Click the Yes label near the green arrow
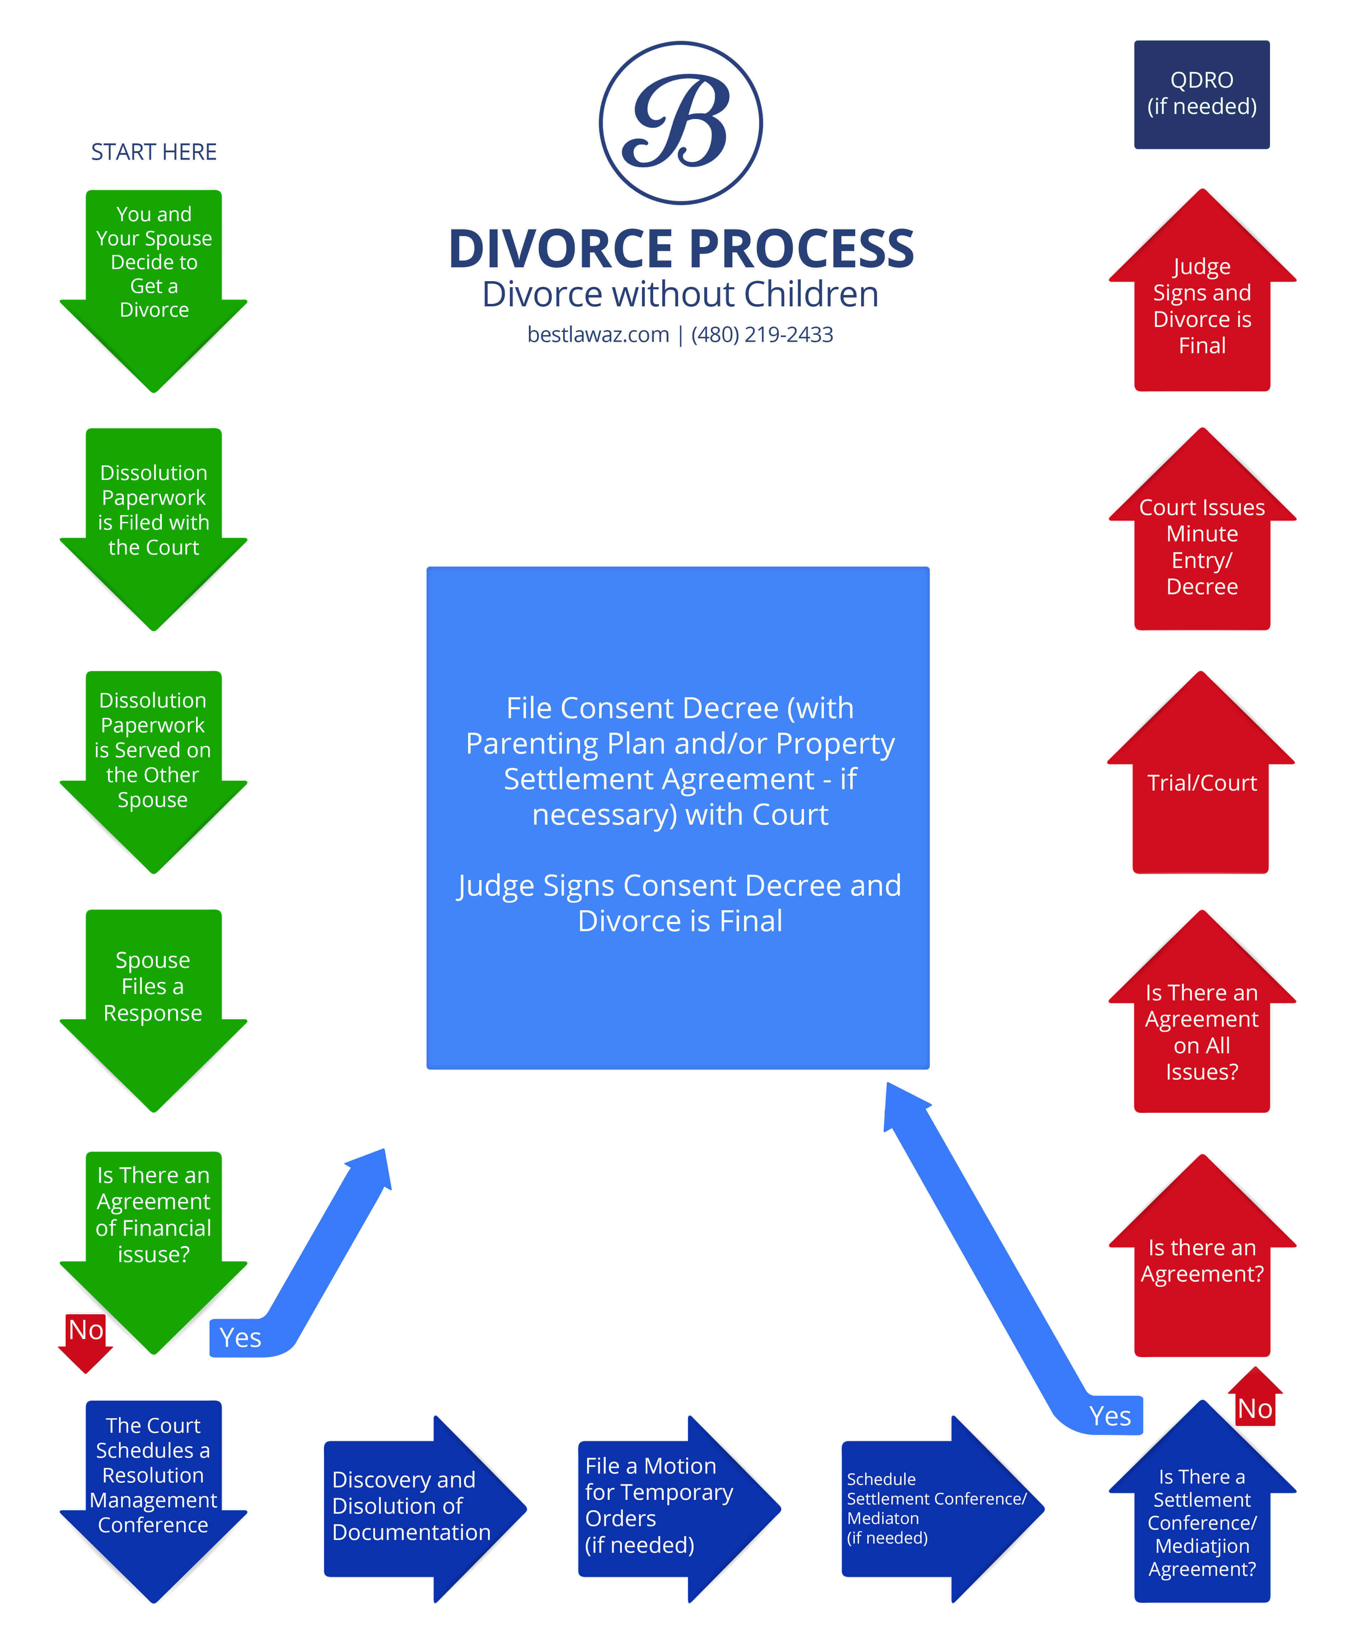click(240, 1338)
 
